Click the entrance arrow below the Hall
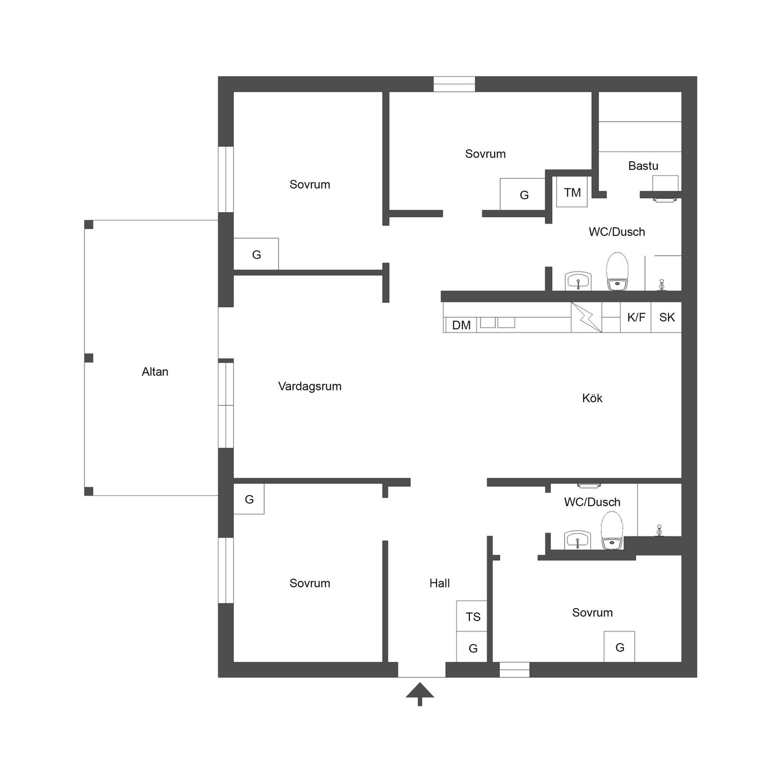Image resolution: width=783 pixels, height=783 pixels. (x=419, y=694)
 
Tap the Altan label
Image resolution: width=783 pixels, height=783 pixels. (x=155, y=372)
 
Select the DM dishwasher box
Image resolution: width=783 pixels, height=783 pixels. (x=461, y=325)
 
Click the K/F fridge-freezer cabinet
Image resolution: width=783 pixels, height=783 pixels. (x=635, y=317)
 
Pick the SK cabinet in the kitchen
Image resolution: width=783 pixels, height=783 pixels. (x=666, y=317)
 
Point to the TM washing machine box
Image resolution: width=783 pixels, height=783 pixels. (x=572, y=192)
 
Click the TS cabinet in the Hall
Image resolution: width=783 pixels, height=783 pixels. (x=472, y=616)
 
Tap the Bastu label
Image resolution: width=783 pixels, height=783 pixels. (x=643, y=166)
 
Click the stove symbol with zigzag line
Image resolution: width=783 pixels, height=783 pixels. (x=586, y=317)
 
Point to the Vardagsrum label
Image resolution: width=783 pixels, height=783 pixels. (x=309, y=386)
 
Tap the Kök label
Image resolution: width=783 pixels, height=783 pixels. (x=592, y=398)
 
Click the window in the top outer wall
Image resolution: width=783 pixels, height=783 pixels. (x=454, y=84)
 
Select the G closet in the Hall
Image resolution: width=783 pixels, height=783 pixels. (x=472, y=648)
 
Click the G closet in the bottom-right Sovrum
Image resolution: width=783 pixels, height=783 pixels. (x=619, y=647)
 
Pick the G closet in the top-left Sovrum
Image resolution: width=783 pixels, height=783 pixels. (x=256, y=254)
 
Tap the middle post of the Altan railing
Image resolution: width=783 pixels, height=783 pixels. (x=89, y=357)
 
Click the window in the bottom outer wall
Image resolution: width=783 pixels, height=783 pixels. (x=514, y=669)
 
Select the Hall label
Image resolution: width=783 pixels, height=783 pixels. (x=439, y=583)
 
